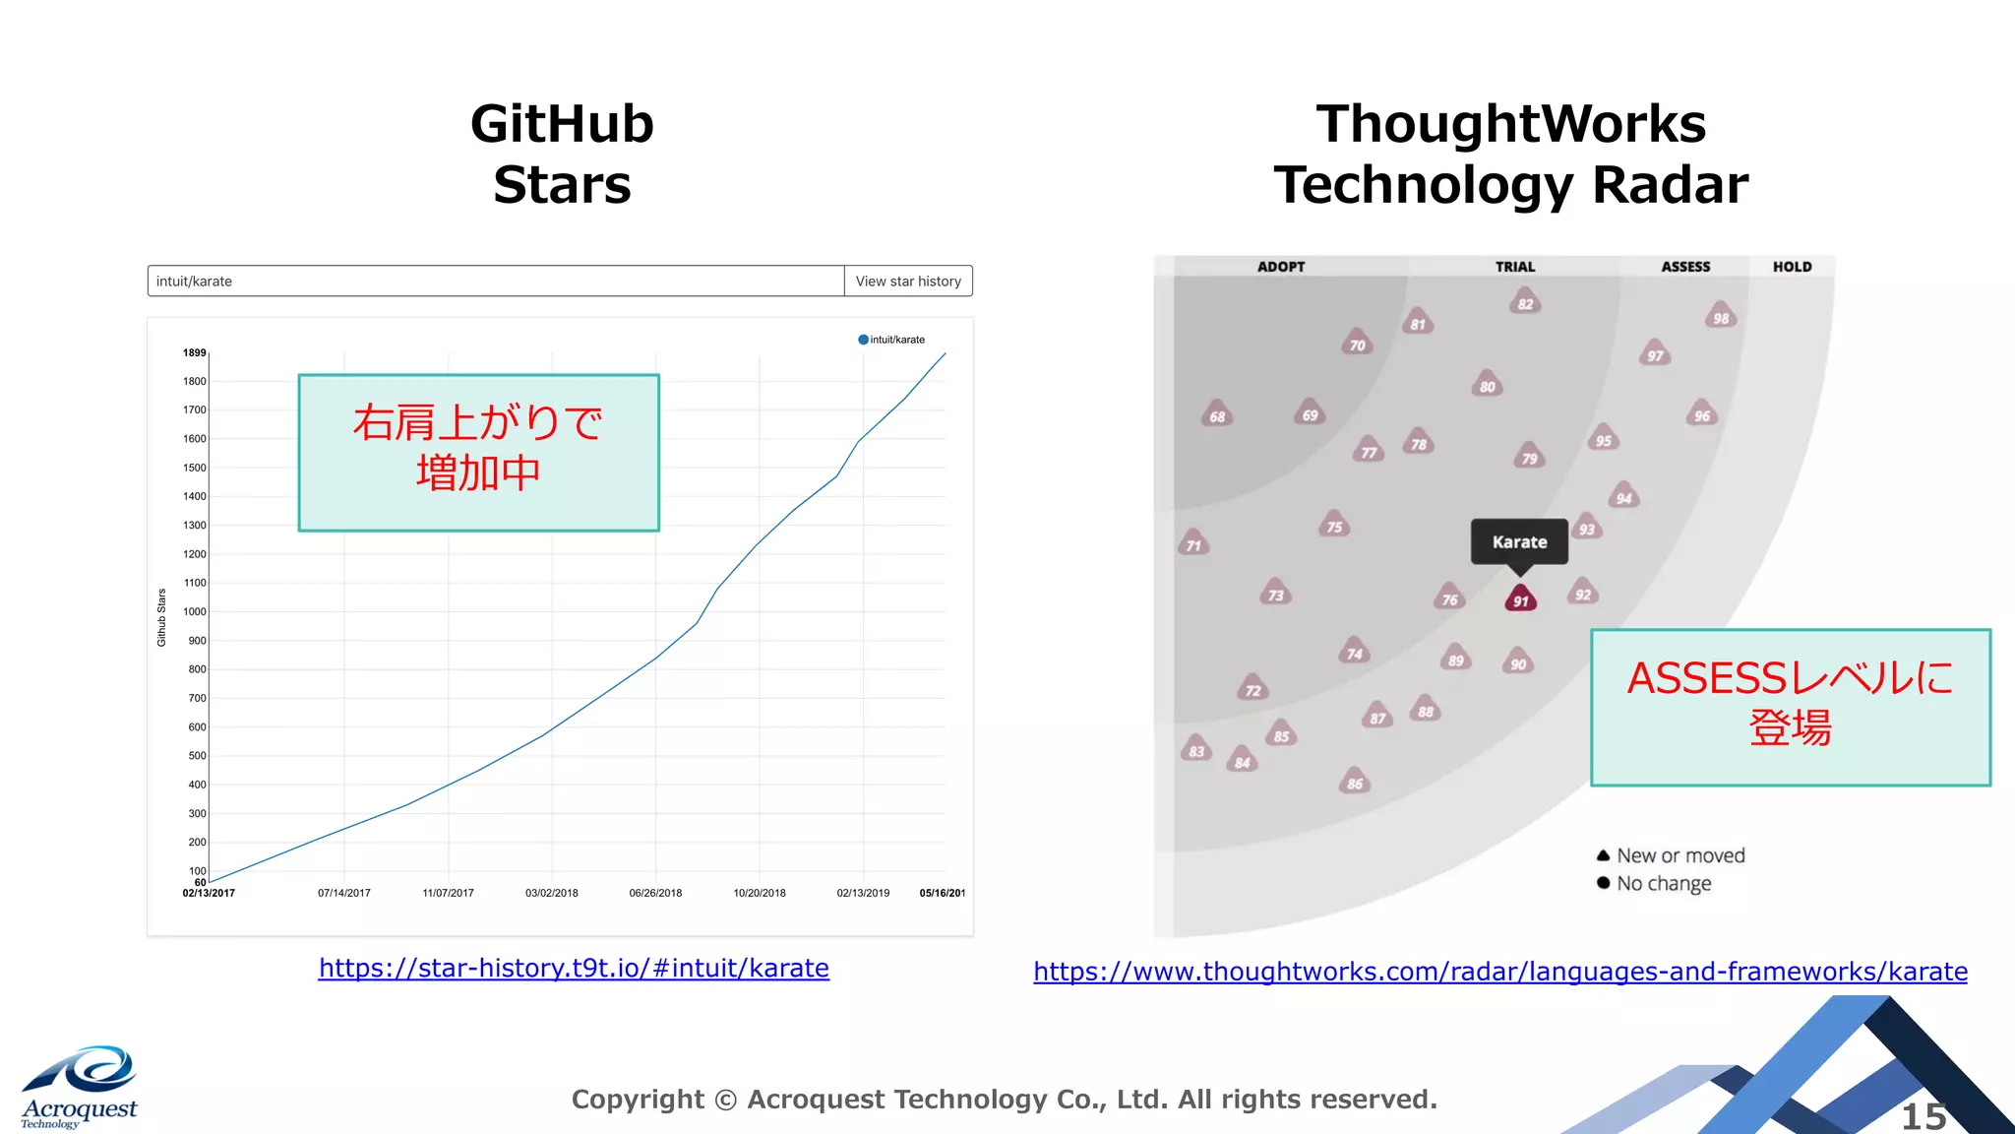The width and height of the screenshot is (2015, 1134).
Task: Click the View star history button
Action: tap(908, 282)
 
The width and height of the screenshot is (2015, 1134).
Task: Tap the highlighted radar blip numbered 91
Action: tap(1520, 598)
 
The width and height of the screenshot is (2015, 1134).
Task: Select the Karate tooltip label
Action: tap(1519, 541)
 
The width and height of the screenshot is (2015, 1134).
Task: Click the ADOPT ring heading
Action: tap(1281, 267)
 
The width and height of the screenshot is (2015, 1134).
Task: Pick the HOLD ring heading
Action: tap(1792, 267)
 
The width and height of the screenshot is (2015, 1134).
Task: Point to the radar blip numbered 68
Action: tap(1217, 414)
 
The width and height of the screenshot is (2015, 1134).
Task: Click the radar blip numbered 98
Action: tap(1721, 316)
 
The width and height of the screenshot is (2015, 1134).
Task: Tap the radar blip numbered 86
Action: tap(1355, 782)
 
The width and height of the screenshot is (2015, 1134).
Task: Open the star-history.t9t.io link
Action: tap(574, 969)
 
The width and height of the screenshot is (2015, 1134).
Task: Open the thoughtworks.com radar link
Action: tap(1500, 972)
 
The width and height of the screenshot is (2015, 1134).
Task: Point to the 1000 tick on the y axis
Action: tap(196, 612)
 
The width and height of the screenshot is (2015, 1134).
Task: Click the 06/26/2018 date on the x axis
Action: tap(655, 894)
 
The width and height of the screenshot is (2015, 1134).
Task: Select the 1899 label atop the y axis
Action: tap(194, 352)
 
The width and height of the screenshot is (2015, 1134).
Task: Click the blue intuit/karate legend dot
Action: tap(863, 340)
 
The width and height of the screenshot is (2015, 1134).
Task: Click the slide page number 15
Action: tap(1923, 1116)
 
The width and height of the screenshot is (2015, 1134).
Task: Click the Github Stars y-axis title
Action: tap(162, 617)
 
